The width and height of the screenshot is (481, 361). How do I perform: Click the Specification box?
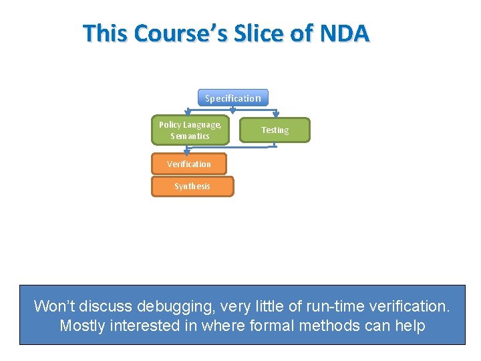(x=233, y=98)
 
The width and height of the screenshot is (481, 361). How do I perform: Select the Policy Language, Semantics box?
(x=190, y=130)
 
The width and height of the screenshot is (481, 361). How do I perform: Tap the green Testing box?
(x=275, y=130)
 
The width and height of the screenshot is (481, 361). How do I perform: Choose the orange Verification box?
(x=188, y=164)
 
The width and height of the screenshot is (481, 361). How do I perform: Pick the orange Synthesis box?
(x=192, y=187)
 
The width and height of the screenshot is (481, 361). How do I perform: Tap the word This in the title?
(x=105, y=33)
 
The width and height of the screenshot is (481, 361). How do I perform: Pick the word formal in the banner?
(x=267, y=326)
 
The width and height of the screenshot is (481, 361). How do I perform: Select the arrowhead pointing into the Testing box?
(x=275, y=115)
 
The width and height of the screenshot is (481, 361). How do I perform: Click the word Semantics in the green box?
(x=190, y=136)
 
